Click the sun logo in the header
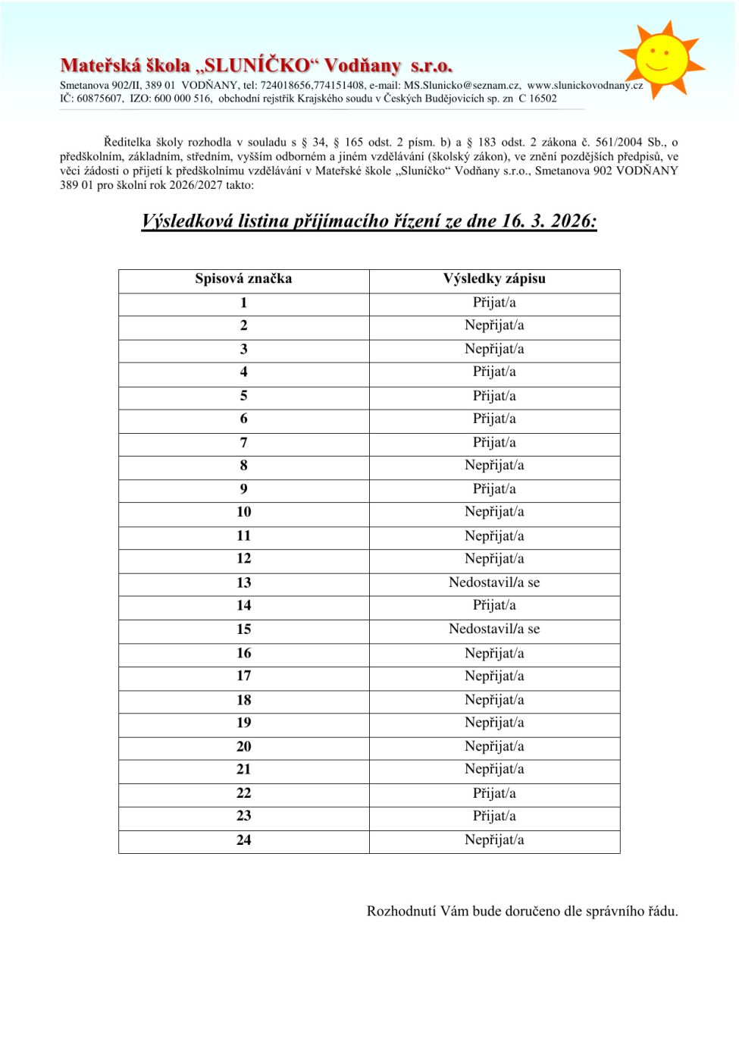click(x=662, y=58)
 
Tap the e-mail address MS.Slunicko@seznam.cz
click(x=462, y=86)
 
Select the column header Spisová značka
click(x=243, y=279)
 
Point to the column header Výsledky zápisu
click(x=494, y=279)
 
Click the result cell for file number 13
click(x=494, y=582)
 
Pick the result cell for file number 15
click(x=494, y=629)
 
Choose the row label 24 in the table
click(x=243, y=840)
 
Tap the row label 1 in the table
click(x=243, y=303)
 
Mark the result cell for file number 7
click(x=494, y=443)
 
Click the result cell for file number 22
click(x=494, y=793)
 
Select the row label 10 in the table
click(x=243, y=512)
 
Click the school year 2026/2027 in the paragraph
click(x=174, y=185)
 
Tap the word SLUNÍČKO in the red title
click(x=257, y=66)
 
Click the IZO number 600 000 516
click(x=183, y=99)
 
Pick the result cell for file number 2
click(x=494, y=325)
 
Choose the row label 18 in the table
click(x=243, y=700)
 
